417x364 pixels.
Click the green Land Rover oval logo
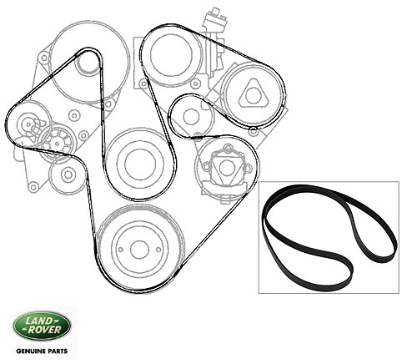(42, 326)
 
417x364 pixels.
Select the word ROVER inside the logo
(44, 330)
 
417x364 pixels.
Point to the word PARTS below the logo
(58, 351)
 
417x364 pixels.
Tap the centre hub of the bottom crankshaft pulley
(139, 250)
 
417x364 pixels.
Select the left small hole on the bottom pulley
(120, 250)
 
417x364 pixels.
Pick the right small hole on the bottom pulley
(158, 250)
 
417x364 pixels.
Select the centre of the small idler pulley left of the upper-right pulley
(191, 116)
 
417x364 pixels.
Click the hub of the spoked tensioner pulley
(58, 144)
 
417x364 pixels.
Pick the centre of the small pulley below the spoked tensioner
(68, 174)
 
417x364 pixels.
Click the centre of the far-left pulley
(28, 125)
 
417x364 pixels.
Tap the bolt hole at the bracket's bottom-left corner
(34, 187)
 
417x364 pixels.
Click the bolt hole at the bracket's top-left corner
(44, 58)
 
